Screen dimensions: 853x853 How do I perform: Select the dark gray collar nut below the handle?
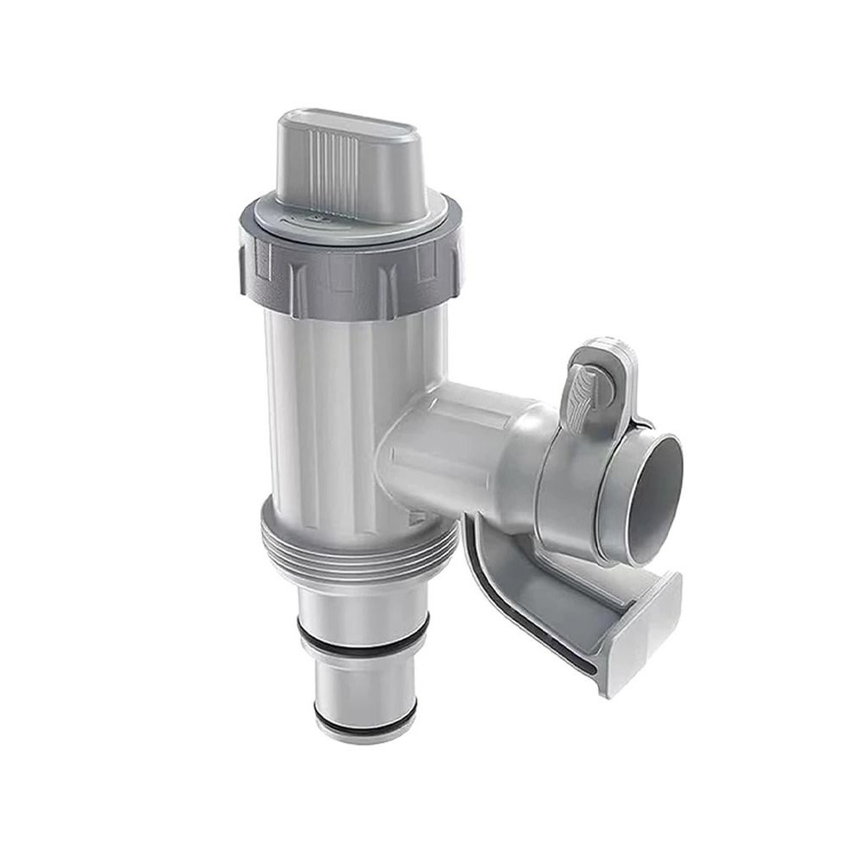tap(350, 269)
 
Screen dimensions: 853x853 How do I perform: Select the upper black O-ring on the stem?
tap(363, 636)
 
